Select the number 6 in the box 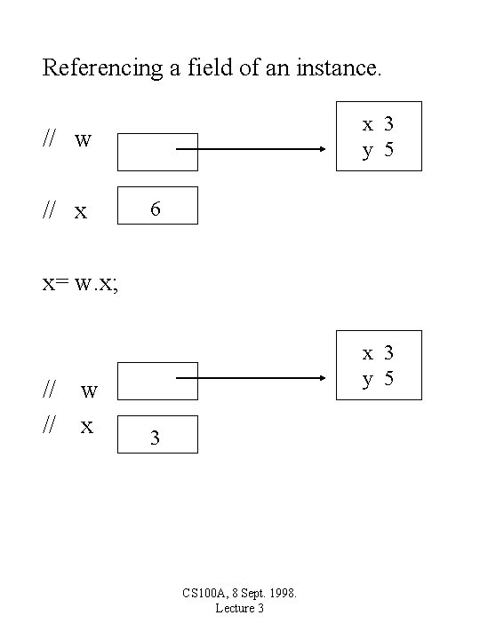tap(156, 209)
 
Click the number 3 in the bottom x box tap(156, 438)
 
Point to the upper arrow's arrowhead tap(323, 149)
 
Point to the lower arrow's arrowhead tap(323, 379)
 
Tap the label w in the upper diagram tap(84, 140)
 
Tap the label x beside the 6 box tap(81, 211)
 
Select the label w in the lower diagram tap(89, 390)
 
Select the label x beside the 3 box tap(87, 426)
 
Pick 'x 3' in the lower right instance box tap(378, 353)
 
